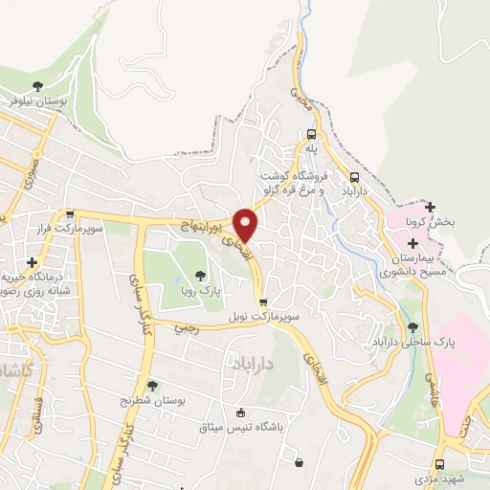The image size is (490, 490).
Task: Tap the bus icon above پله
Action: click(x=311, y=135)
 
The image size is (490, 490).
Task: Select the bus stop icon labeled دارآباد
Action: click(x=355, y=177)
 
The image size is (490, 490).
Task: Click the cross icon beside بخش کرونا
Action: click(x=431, y=207)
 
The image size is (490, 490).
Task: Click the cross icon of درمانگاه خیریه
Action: click(x=33, y=261)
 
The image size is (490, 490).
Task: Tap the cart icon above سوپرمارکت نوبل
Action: click(x=262, y=301)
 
